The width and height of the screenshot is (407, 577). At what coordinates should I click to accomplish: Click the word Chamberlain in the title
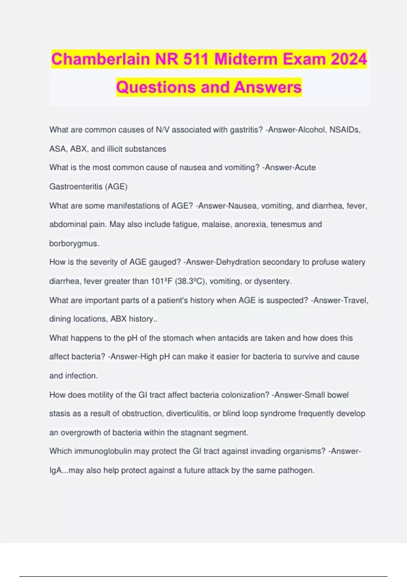coord(100,59)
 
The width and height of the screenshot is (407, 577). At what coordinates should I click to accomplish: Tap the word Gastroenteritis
coord(75,187)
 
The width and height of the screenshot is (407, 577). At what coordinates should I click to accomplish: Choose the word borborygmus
coord(74,244)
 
